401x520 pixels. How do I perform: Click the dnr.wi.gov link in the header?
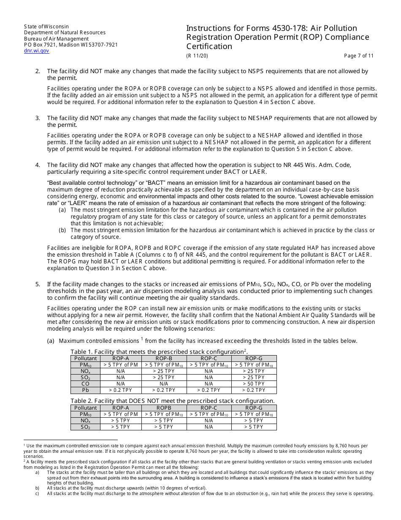coord(36,51)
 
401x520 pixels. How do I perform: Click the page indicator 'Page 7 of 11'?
coord(359,56)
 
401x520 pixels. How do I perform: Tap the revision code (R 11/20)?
coord(197,56)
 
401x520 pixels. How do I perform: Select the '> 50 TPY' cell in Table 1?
coord(254,384)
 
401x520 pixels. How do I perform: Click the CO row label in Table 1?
coord(85,384)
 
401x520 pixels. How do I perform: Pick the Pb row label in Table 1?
coord(85,390)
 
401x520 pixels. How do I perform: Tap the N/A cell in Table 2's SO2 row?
coord(209,427)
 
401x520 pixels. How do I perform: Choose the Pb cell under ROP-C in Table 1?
coord(209,390)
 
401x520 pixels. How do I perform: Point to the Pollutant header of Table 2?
coord(85,408)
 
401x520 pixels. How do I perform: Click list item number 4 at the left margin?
coord(38,165)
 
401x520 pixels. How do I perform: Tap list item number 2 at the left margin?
coord(38,71)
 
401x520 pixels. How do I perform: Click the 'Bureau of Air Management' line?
coord(56,39)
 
